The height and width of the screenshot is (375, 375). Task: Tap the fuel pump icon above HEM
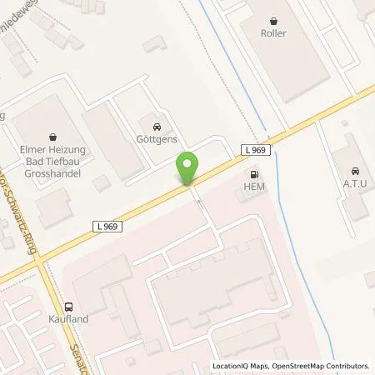253,174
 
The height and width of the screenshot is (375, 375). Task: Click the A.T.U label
354,182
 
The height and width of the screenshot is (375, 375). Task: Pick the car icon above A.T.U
354,167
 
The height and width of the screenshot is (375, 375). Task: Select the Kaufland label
69,319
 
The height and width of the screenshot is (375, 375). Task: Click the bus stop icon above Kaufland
69,305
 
